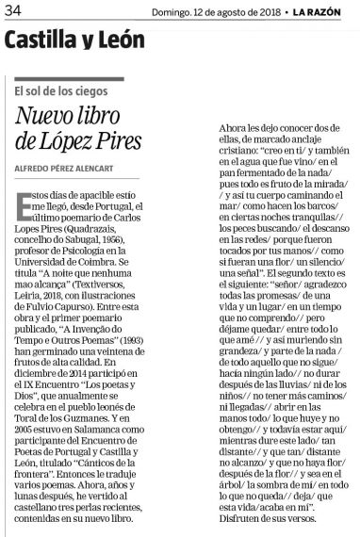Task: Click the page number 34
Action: pos(12,9)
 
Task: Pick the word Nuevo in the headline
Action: pos(56,117)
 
